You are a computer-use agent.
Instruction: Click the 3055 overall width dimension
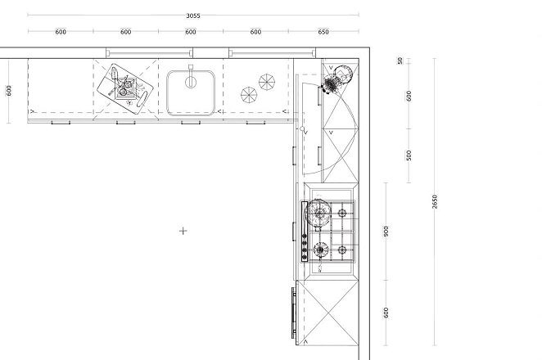(193, 16)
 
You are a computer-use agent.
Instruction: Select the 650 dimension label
(323, 32)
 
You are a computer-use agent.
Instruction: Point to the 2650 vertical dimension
(435, 202)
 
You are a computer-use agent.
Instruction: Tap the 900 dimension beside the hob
(386, 231)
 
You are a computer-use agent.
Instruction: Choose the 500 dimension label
(409, 155)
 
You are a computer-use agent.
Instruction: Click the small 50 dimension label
(400, 61)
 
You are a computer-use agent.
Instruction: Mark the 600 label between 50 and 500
(409, 96)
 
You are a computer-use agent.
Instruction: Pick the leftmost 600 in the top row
(61, 32)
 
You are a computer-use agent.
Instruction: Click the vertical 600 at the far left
(9, 91)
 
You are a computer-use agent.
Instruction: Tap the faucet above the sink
(191, 77)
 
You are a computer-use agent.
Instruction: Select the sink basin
(191, 93)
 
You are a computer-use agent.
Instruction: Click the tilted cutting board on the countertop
(124, 88)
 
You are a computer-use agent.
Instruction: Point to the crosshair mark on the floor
(183, 231)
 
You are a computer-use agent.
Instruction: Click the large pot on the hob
(318, 213)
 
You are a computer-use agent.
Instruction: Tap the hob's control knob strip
(305, 232)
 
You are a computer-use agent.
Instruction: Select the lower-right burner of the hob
(342, 250)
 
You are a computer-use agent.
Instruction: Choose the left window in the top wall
(149, 53)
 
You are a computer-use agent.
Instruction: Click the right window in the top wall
(272, 53)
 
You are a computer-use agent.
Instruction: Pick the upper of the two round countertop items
(267, 82)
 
